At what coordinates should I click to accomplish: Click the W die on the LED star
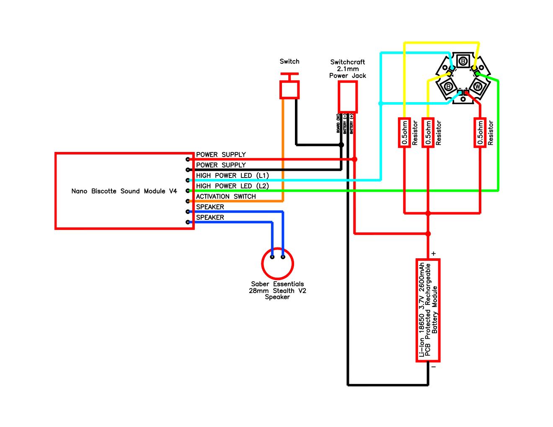tap(477, 87)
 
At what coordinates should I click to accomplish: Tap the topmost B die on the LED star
tap(463, 62)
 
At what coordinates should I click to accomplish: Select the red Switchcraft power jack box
tap(347, 97)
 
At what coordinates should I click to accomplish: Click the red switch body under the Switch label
tap(289, 90)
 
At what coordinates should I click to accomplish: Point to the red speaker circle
tap(277, 264)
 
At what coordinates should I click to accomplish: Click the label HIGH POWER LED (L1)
tap(232, 175)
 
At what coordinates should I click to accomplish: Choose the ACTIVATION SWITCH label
tap(226, 196)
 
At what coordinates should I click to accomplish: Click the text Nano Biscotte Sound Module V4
tap(124, 191)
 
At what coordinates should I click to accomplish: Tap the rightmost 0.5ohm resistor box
tap(480, 133)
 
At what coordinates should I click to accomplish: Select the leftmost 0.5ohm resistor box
tap(404, 133)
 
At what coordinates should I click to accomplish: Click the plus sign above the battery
tap(434, 253)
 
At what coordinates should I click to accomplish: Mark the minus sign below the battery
tap(434, 367)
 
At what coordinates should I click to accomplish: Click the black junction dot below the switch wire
tap(341, 145)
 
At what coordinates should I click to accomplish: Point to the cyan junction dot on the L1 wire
tap(380, 103)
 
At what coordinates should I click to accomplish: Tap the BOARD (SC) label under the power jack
tap(338, 123)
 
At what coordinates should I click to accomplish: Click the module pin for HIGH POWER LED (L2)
tap(188, 190)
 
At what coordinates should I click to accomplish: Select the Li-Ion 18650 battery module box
tap(428, 310)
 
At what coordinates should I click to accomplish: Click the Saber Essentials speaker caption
tap(277, 290)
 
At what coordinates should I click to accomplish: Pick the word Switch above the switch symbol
tap(289, 62)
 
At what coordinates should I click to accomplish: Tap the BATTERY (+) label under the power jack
tap(351, 123)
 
